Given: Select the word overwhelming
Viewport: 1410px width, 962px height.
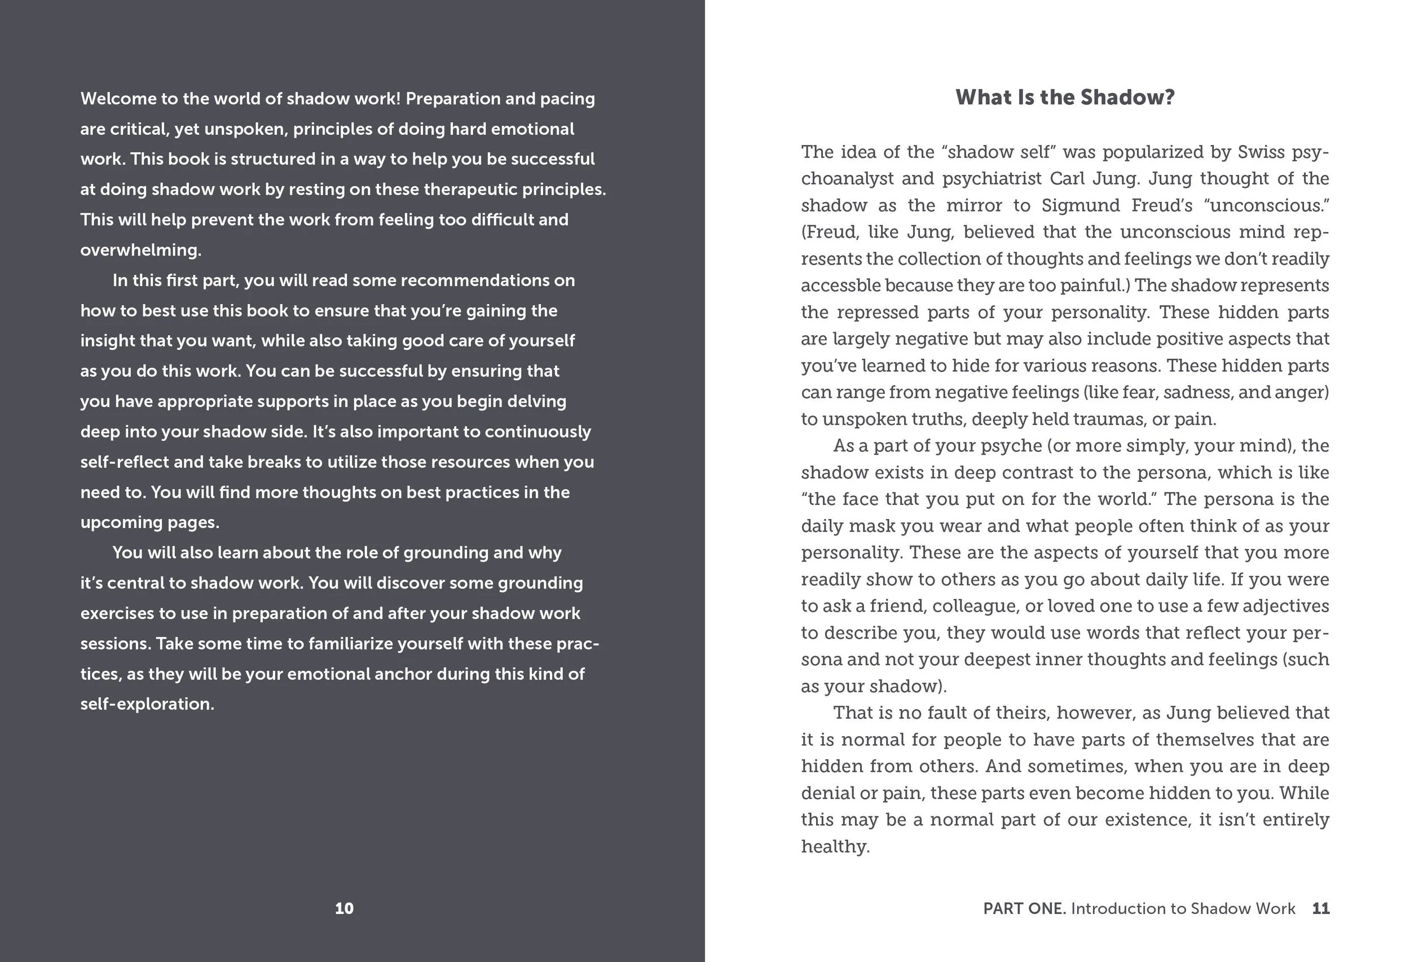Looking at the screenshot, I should pos(141,250).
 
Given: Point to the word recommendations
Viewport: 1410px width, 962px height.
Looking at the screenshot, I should pos(488,280).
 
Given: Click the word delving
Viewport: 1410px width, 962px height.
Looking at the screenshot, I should pos(536,401).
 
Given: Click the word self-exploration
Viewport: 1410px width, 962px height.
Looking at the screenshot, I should pos(147,704).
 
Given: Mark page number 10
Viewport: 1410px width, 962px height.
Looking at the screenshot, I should pos(344,908).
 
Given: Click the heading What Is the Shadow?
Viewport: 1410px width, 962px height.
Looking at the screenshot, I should pos(1065,98).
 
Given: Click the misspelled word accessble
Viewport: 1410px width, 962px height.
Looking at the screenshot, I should pos(840,285).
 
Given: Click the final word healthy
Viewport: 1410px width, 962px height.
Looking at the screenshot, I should pos(835,847).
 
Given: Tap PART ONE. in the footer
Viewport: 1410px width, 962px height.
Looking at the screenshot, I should pos(1024,908).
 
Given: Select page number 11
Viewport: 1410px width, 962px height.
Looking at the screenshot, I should pos(1320,908).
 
